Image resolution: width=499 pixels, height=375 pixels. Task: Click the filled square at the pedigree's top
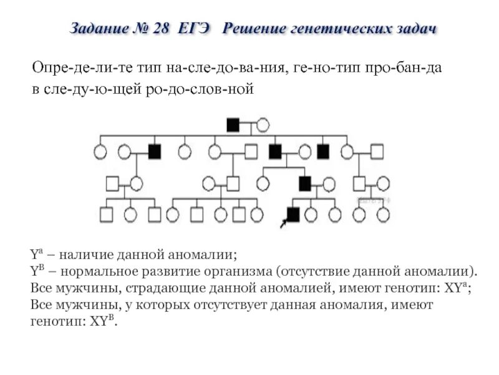[x=233, y=124]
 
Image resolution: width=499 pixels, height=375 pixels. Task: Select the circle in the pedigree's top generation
[x=263, y=124]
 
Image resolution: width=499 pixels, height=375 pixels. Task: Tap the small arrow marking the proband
[x=284, y=221]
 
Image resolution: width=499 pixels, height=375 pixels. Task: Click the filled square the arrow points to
[x=293, y=214]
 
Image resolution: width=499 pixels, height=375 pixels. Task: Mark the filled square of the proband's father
[x=304, y=183]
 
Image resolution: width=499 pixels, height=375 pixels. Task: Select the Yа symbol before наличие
[x=35, y=256]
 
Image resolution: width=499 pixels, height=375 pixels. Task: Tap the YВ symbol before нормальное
[x=36, y=272]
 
